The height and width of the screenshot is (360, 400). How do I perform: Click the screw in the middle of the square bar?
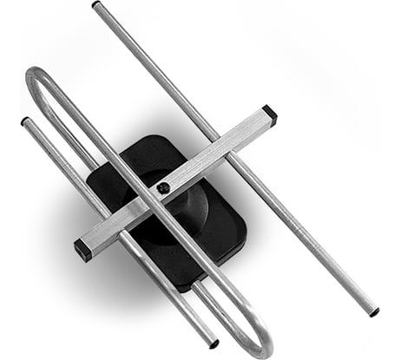163,187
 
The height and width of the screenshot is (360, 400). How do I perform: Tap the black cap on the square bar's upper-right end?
269,113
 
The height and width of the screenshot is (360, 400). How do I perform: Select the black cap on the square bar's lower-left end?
82,251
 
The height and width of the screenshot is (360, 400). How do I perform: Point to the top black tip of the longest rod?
95,5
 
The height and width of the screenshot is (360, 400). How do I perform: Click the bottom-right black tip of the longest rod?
374,311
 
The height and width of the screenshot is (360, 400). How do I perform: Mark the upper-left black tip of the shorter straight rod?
25,121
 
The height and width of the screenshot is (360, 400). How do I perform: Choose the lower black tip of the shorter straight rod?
214,344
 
